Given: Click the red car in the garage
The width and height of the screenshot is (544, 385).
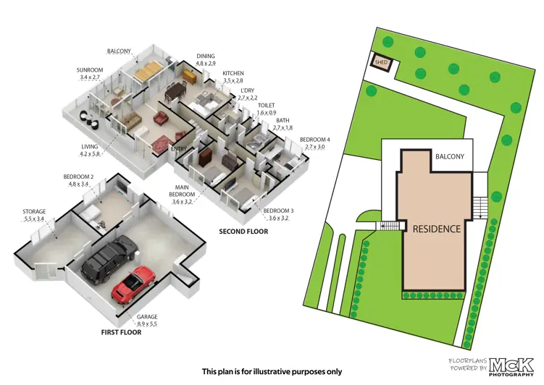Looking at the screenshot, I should click(x=134, y=284).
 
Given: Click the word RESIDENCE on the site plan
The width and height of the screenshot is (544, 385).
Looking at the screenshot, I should click(x=436, y=229).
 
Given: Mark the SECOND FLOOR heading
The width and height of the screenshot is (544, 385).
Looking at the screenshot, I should click(x=243, y=232).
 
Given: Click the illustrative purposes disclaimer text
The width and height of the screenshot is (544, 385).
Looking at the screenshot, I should click(x=272, y=371).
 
